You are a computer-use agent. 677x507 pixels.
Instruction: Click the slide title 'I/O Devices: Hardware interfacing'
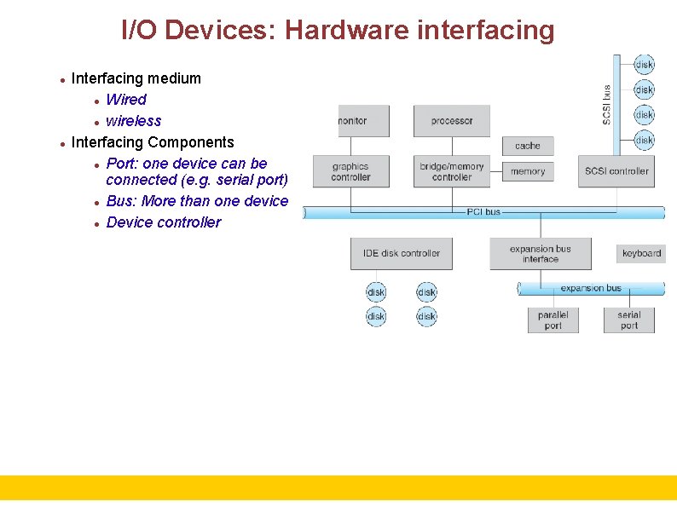(x=338, y=30)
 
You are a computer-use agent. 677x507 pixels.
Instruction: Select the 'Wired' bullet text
(x=125, y=100)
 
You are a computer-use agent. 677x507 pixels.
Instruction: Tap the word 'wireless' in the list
(x=133, y=121)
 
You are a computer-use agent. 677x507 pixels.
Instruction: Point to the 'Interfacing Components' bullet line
(x=153, y=142)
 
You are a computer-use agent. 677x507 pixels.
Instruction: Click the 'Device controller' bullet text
(x=163, y=222)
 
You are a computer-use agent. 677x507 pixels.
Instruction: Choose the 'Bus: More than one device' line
(x=197, y=201)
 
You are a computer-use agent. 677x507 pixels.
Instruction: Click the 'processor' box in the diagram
(x=451, y=121)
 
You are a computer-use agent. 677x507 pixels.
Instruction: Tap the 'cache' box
(x=528, y=146)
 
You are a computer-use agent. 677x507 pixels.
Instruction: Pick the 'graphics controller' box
(x=350, y=171)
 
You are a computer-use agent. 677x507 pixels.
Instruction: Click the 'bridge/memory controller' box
(x=451, y=171)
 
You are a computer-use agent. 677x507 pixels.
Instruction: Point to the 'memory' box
(x=528, y=171)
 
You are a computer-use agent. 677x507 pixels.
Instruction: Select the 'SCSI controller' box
(x=616, y=171)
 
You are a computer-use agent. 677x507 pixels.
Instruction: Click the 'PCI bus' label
(x=483, y=211)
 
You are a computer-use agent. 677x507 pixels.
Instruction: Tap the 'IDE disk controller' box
(x=402, y=253)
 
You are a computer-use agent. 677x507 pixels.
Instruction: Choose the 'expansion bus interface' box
(x=540, y=254)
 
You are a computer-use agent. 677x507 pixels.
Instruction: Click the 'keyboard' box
(x=641, y=253)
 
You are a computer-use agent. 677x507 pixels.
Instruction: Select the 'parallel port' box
(x=553, y=320)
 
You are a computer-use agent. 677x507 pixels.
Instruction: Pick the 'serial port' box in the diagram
(x=629, y=320)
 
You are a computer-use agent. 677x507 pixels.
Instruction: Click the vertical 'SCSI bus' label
(x=607, y=104)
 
